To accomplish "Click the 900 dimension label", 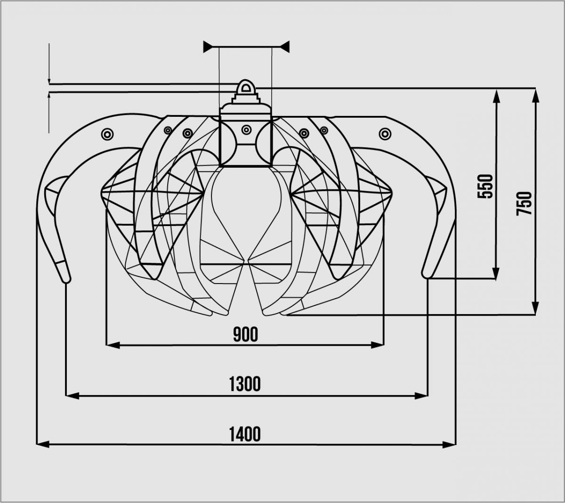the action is pyautogui.click(x=245, y=334).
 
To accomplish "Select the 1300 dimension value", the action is pyautogui.click(x=245, y=384).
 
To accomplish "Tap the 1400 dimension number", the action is pyautogui.click(x=245, y=434).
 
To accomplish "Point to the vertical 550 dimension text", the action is pyautogui.click(x=485, y=186).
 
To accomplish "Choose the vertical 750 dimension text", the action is pyautogui.click(x=524, y=203).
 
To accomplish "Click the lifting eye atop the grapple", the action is pyautogui.click(x=245, y=88).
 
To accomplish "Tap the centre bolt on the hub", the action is pyautogui.click(x=246, y=130).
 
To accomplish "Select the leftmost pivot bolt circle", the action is pyautogui.click(x=107, y=135).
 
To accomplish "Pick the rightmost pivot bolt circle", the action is pyautogui.click(x=385, y=134).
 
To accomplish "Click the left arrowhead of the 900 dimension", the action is pyautogui.click(x=113, y=345).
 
